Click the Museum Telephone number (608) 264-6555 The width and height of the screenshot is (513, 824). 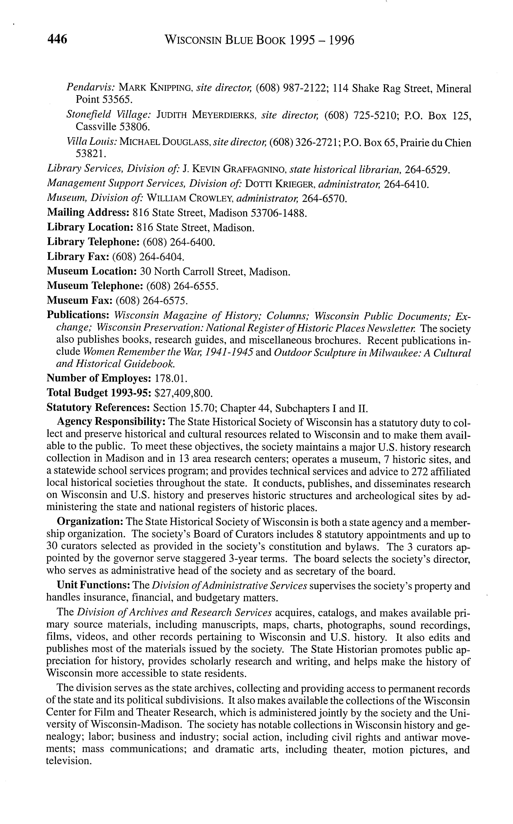[x=182, y=286]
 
